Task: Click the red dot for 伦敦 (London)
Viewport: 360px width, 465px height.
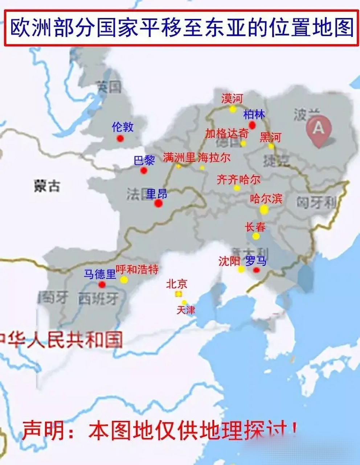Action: pyautogui.click(x=120, y=138)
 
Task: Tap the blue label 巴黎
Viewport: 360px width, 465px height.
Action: pyautogui.click(x=144, y=160)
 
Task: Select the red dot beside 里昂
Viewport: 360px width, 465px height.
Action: pyautogui.click(x=158, y=203)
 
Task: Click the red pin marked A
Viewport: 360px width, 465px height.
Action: pyautogui.click(x=318, y=129)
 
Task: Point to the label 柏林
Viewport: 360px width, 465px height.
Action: pyautogui.click(x=254, y=114)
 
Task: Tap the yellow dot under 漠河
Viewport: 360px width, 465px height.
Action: pyautogui.click(x=233, y=109)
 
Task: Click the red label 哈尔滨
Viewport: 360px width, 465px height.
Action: pyautogui.click(x=266, y=199)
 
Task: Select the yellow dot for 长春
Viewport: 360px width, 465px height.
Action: pyautogui.click(x=256, y=236)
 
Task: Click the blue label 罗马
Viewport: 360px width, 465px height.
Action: pyautogui.click(x=256, y=261)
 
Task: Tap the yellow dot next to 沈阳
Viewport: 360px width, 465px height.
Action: pyautogui.click(x=241, y=269)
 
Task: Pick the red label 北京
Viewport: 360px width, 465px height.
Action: pyautogui.click(x=176, y=283)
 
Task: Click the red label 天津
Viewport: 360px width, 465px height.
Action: pyautogui.click(x=186, y=310)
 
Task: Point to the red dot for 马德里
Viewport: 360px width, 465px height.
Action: pyautogui.click(x=102, y=284)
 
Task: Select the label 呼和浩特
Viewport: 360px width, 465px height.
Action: pyautogui.click(x=137, y=270)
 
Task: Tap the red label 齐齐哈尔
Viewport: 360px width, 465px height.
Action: pyautogui.click(x=238, y=179)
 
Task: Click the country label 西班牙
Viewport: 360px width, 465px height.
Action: pyautogui.click(x=98, y=299)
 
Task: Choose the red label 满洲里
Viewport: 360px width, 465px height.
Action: pyautogui.click(x=179, y=158)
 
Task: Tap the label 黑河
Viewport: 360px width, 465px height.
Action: pyautogui.click(x=270, y=137)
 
